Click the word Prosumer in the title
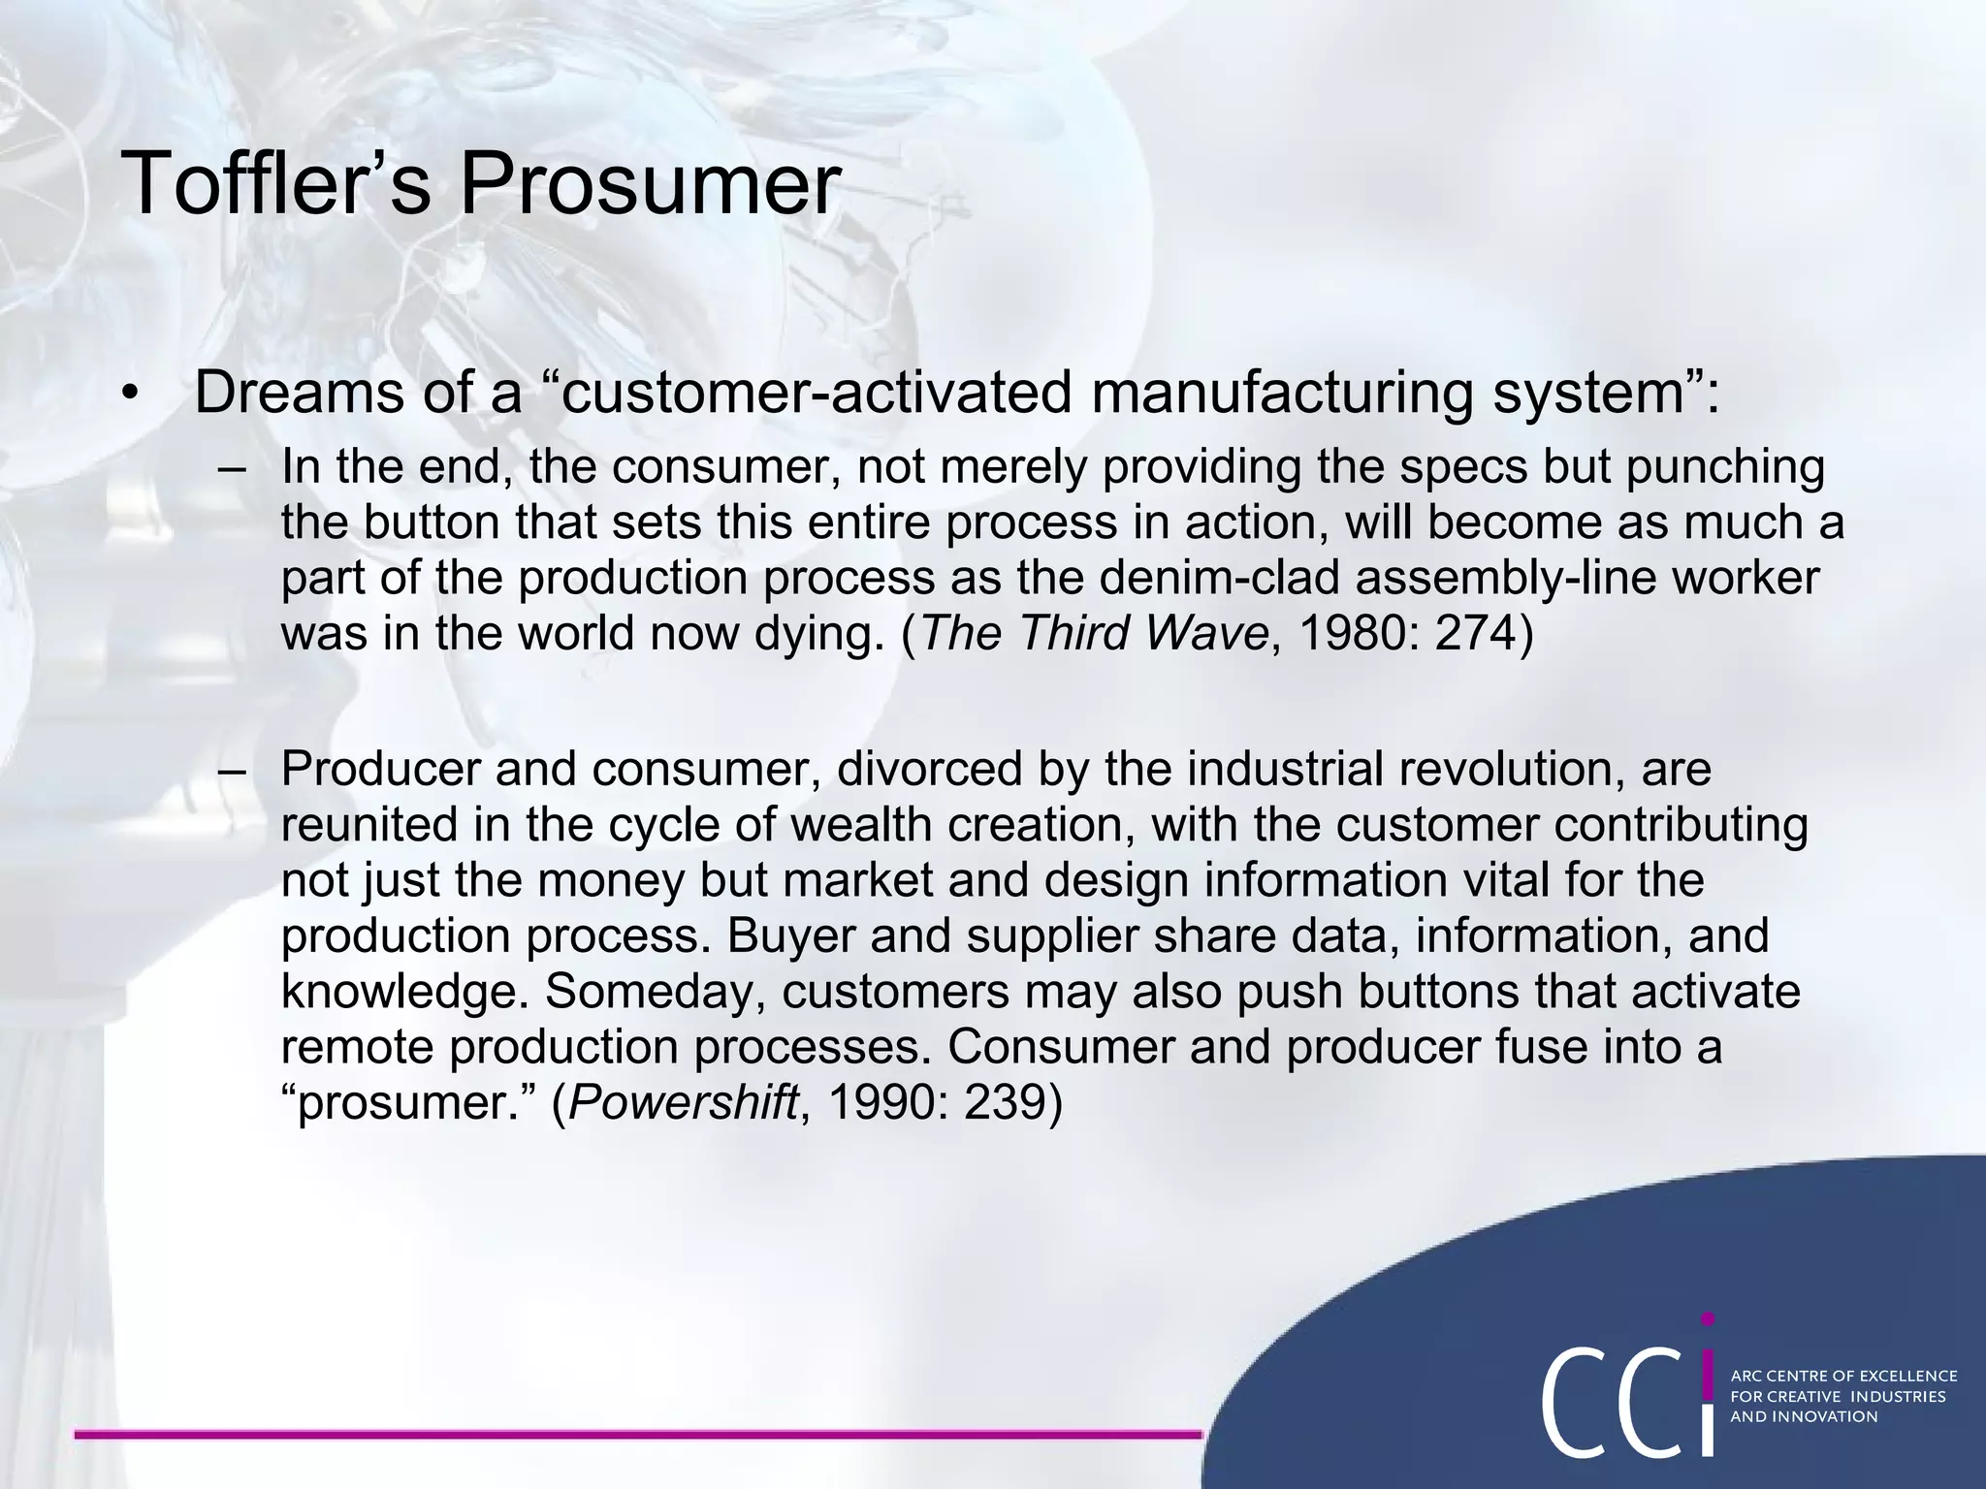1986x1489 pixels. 649,183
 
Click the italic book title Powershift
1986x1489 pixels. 684,1102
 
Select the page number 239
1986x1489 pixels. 999,1102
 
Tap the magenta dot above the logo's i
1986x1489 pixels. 1708,1319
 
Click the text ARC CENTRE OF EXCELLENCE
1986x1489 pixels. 1843,1376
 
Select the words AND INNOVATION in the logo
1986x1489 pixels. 1804,1416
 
